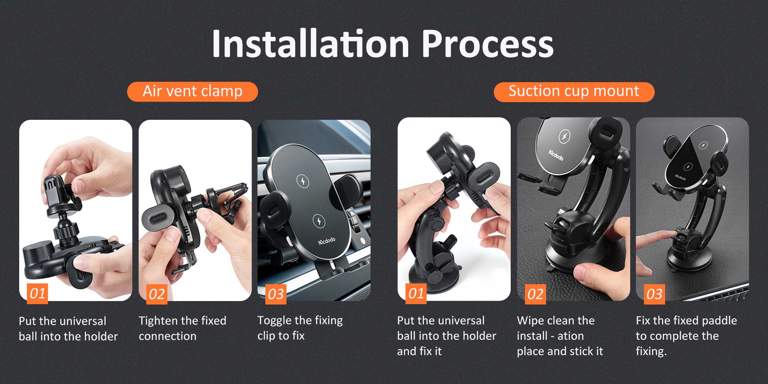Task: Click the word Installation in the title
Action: pos(311,43)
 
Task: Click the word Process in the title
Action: pos(488,43)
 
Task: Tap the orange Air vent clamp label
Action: pos(192,91)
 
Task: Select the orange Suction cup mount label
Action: pos(574,91)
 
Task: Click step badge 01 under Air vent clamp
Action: pos(37,294)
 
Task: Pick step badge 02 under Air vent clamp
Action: pos(157,294)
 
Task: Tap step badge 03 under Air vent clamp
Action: pos(276,294)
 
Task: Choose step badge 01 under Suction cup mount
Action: pos(416,294)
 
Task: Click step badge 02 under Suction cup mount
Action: pos(535,294)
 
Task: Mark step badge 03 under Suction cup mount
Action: pos(654,294)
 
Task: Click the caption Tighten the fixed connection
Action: pos(182,328)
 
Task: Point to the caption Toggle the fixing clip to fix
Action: pos(300,328)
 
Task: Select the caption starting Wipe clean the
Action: pos(560,336)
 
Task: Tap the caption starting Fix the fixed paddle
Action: pos(686,336)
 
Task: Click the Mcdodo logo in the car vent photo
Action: pos(327,241)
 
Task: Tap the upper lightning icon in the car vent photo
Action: pos(303,181)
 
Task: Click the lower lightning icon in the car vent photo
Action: pos(319,220)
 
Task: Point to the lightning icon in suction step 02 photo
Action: pos(564,136)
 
